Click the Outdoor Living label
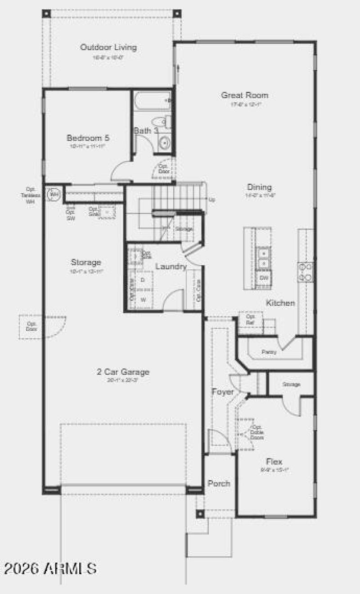point(108,47)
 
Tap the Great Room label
point(244,95)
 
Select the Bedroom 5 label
point(88,138)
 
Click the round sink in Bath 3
point(164,143)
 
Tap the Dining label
point(259,187)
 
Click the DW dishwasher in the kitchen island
point(264,278)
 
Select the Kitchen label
point(280,303)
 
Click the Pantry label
point(269,352)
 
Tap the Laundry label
point(171,267)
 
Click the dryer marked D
point(143,280)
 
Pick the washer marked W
point(143,299)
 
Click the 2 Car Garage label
point(123,372)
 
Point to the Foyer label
point(223,392)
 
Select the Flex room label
point(274,462)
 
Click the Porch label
point(219,483)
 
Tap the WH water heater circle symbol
point(54,195)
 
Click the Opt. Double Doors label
point(257,432)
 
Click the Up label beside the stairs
point(212,199)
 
